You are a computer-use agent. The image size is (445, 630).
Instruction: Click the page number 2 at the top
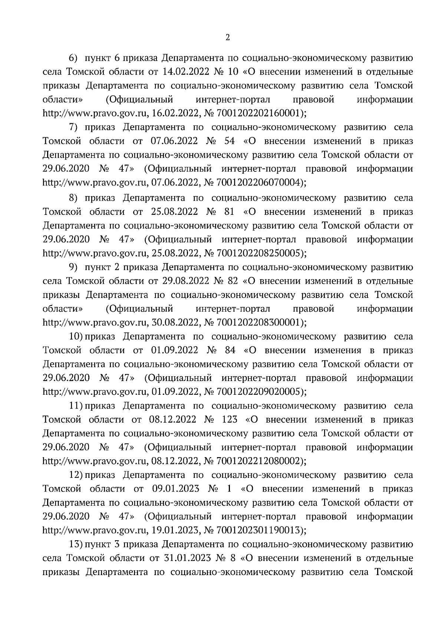(228, 37)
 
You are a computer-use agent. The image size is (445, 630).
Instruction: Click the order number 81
(229, 212)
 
